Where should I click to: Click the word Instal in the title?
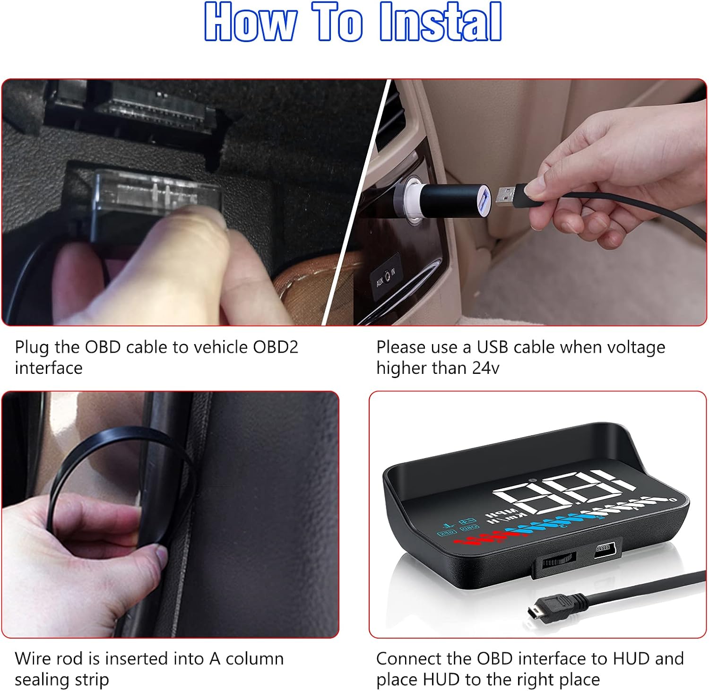pos(440,22)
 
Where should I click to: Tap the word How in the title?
pos(251,22)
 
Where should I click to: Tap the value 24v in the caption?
pos(485,368)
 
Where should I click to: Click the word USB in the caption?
pos(493,347)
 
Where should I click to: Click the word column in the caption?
pos(255,658)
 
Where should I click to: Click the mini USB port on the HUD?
pos(604,549)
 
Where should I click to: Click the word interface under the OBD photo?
pos(49,368)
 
